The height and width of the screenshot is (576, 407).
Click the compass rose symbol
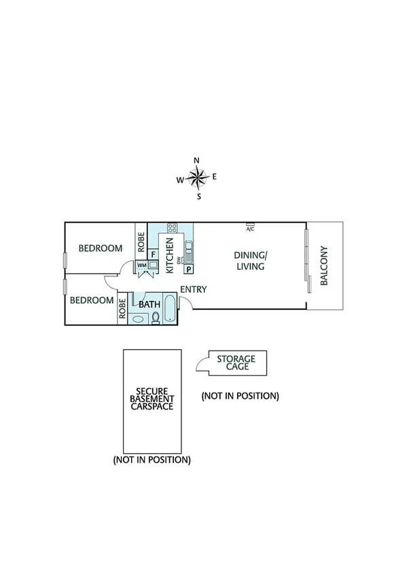point(197,179)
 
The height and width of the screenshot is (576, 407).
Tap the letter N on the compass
point(197,161)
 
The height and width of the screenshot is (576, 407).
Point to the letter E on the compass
point(215,177)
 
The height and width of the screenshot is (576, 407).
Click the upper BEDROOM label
point(101,249)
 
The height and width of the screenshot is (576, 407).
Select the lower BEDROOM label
point(92,300)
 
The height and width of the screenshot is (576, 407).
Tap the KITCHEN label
point(170,255)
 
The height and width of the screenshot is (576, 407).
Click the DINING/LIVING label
point(251,261)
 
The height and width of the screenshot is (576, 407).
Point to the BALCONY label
point(324,266)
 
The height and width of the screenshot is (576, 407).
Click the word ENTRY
point(194,289)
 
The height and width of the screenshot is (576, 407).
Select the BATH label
point(149,305)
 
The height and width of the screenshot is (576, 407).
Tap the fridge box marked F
point(154,254)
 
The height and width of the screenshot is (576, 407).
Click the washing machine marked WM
point(142,265)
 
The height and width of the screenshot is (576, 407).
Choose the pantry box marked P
point(188,269)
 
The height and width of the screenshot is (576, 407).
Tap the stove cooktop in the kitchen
point(172,228)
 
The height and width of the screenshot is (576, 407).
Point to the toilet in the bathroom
point(156,318)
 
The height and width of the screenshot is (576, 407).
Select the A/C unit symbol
point(250,226)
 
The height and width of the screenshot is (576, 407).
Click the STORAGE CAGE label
point(236,363)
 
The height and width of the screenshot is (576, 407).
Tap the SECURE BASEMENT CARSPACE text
point(152,399)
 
